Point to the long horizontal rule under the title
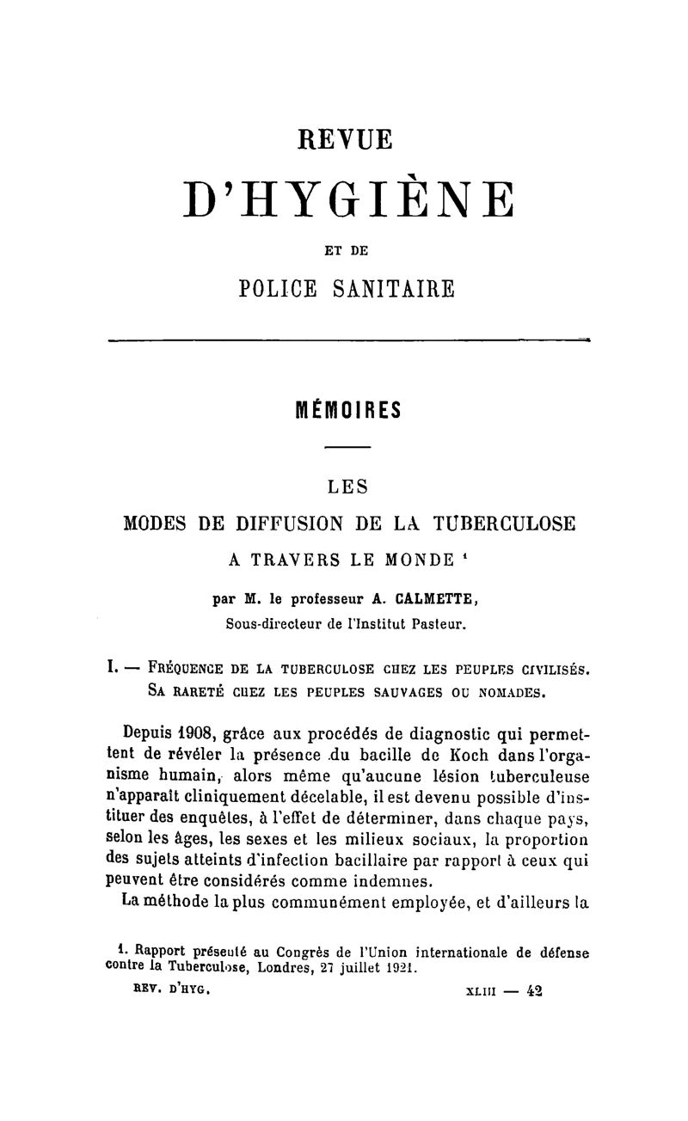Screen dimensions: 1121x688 pyautogui.click(x=348, y=341)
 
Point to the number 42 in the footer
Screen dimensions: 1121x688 pyautogui.click(x=537, y=989)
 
